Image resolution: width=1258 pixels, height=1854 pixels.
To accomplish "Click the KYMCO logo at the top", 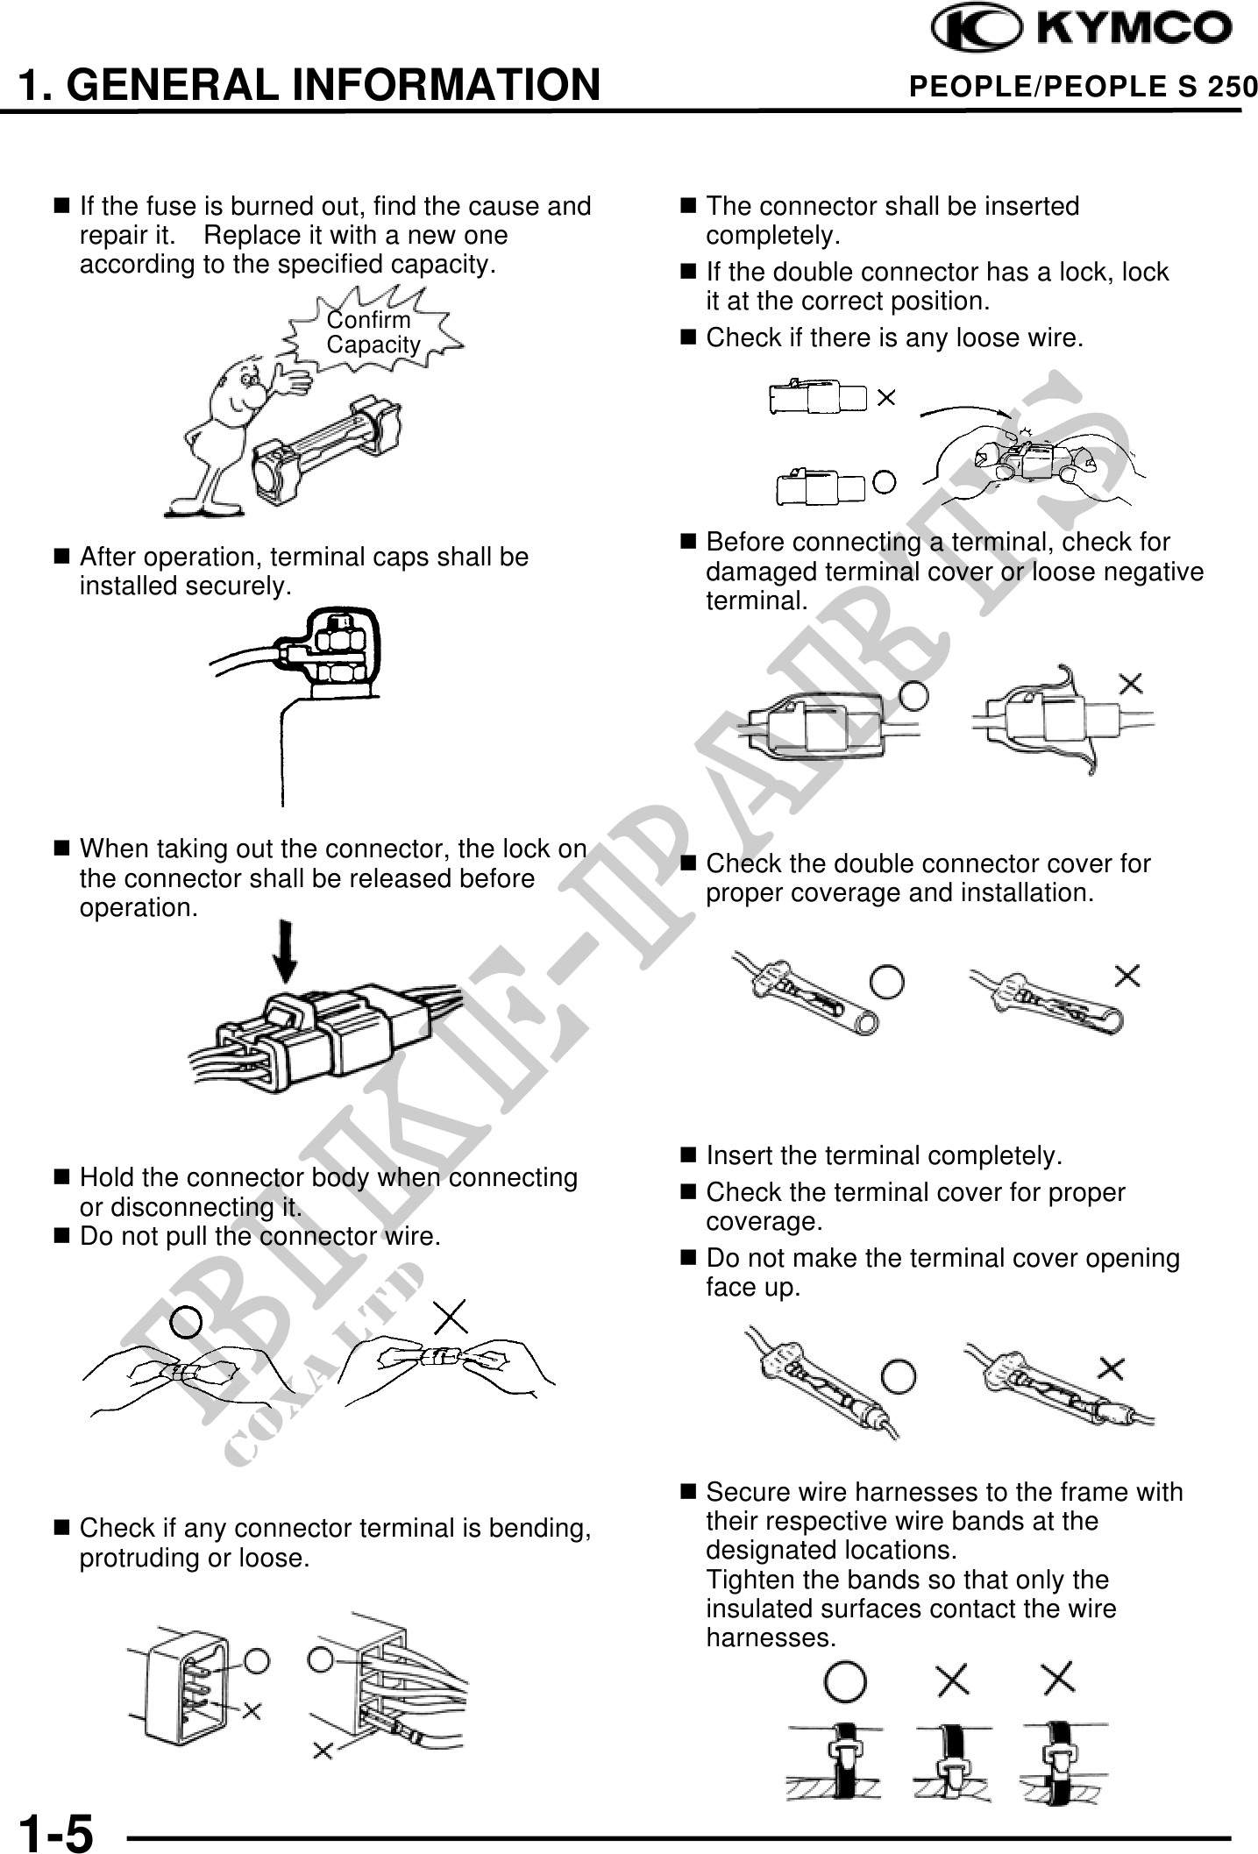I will coord(1082,30).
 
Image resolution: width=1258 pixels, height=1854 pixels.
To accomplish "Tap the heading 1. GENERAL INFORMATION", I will coord(309,85).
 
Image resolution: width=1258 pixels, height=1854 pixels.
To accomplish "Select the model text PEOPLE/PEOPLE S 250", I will coord(1083,87).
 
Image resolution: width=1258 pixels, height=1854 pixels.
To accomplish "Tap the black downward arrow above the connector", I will coord(285,952).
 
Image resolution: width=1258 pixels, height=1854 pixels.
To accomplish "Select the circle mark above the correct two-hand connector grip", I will coord(186,1323).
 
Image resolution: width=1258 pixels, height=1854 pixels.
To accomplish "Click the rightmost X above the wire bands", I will coord(1059,1679).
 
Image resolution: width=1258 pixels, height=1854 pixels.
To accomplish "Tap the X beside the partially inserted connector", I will coord(886,399).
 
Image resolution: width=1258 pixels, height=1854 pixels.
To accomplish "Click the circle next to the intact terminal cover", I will coord(913,694).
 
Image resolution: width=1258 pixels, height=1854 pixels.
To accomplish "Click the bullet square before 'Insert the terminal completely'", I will coord(688,1155).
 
